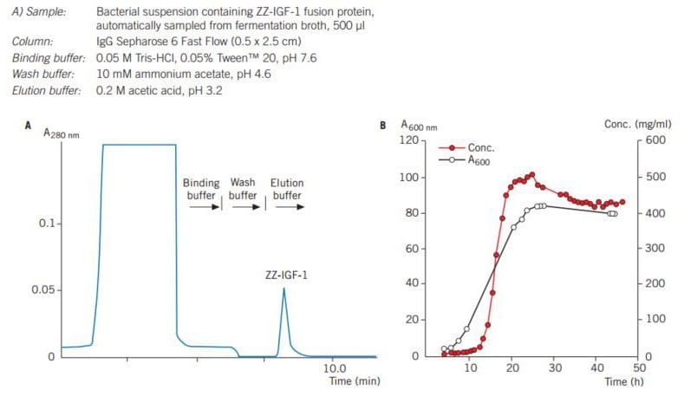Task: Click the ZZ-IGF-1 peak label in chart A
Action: click(284, 276)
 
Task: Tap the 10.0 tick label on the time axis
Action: click(334, 368)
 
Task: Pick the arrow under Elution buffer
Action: click(285, 208)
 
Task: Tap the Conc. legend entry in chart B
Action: click(479, 148)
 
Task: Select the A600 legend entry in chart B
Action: click(480, 160)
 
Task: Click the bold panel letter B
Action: click(383, 126)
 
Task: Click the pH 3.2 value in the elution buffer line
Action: click(205, 90)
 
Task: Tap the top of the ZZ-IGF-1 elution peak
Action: click(284, 289)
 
